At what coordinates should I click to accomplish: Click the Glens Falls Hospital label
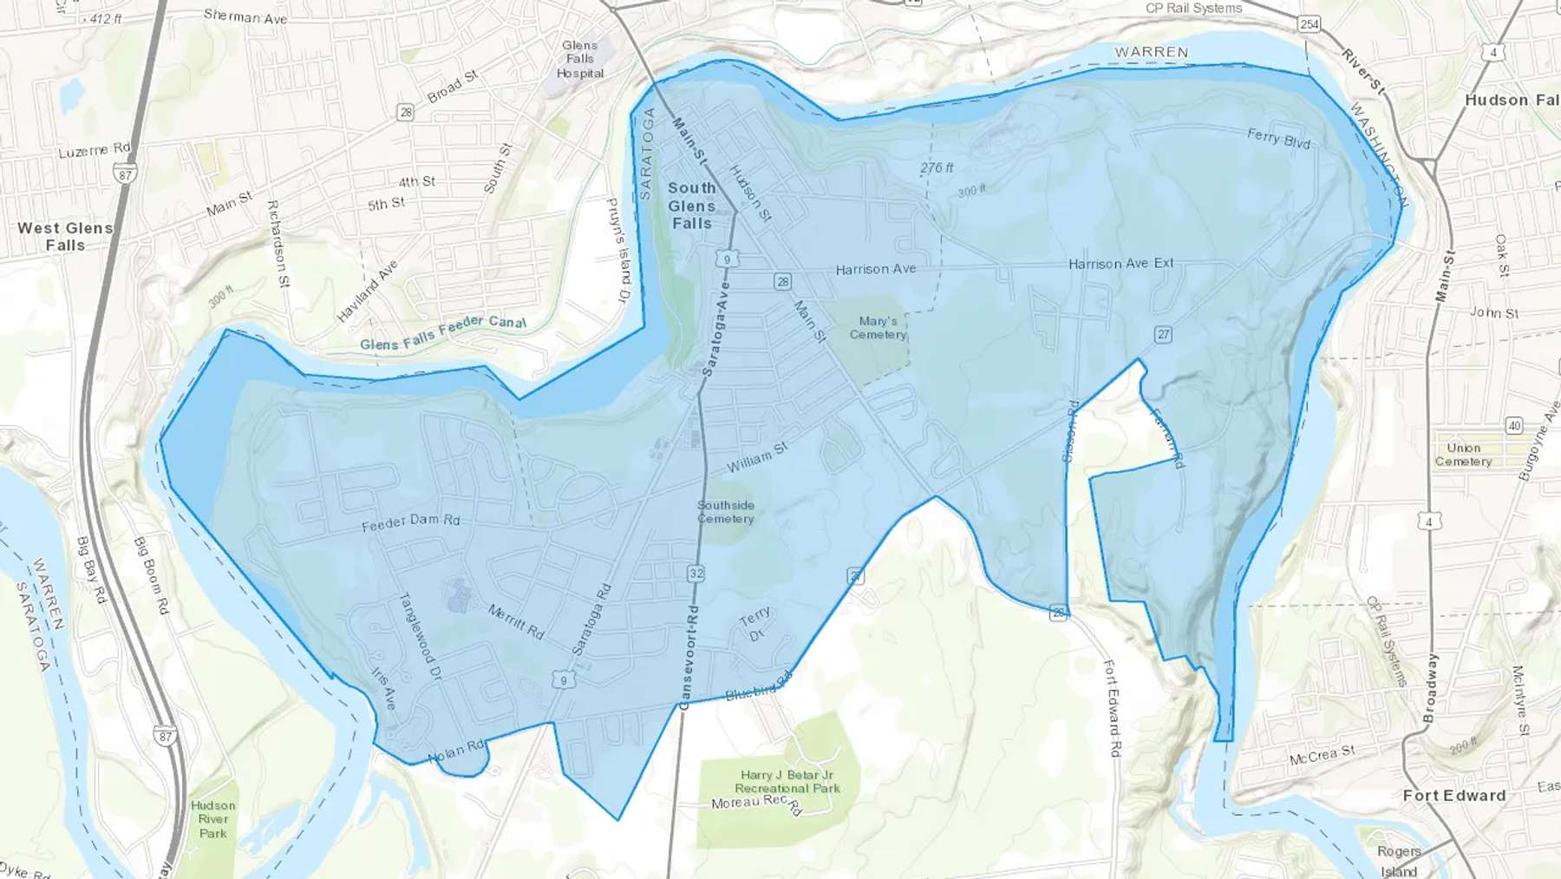click(580, 59)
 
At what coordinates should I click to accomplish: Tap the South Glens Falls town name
click(691, 206)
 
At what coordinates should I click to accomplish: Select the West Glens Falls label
click(65, 236)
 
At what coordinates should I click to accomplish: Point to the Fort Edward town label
click(1454, 795)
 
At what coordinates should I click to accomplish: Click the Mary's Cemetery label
click(878, 327)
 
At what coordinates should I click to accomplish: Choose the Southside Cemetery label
click(726, 512)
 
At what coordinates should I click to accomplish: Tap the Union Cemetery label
click(1463, 455)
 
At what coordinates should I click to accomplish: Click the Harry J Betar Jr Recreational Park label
click(787, 781)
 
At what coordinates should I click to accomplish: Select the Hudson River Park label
click(213, 819)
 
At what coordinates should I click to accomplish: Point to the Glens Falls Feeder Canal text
click(443, 332)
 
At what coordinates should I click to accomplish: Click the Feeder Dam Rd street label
click(410, 521)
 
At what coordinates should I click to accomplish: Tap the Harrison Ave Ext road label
click(1120, 263)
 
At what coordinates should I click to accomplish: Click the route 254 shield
click(1310, 24)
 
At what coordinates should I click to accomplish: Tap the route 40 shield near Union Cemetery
click(1514, 425)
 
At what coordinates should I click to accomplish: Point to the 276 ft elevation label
click(937, 167)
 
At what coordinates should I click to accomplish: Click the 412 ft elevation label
click(106, 18)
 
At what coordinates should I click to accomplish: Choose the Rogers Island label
click(1399, 861)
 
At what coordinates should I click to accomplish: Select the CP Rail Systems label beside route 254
click(1193, 8)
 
